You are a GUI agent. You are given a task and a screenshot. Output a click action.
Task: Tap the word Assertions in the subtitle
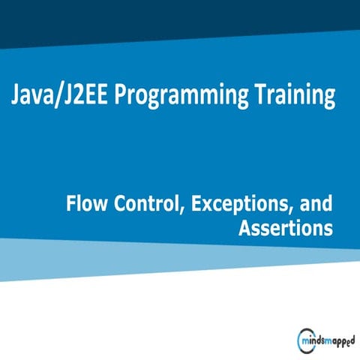[285, 229]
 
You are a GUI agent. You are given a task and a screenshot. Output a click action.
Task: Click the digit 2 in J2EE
[73, 97]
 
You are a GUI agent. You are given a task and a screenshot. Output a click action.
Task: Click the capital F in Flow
[70, 203]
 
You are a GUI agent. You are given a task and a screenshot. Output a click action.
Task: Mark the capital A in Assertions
[244, 229]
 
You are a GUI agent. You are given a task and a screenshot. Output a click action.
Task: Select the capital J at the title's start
[16, 97]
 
